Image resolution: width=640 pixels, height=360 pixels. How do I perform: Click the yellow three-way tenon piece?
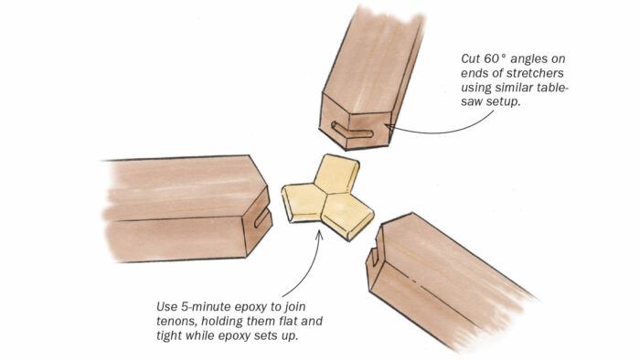pos(326,196)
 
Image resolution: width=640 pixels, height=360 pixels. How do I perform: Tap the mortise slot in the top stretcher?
pos(352,130)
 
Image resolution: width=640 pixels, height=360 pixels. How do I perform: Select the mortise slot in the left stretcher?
pos(262,217)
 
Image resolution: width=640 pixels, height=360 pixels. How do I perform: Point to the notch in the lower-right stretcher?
pos(374,255)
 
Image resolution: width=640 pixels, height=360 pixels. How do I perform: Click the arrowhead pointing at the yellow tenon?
pos(320,235)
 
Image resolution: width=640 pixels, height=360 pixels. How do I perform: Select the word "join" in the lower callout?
pos(294,307)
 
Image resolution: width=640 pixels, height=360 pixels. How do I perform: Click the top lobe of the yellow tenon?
pos(337,173)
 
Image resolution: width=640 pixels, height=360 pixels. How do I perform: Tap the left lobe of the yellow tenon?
pos(303,203)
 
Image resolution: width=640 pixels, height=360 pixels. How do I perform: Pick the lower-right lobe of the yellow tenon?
pos(347,216)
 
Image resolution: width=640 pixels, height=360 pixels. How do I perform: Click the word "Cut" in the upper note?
pos(470,58)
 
